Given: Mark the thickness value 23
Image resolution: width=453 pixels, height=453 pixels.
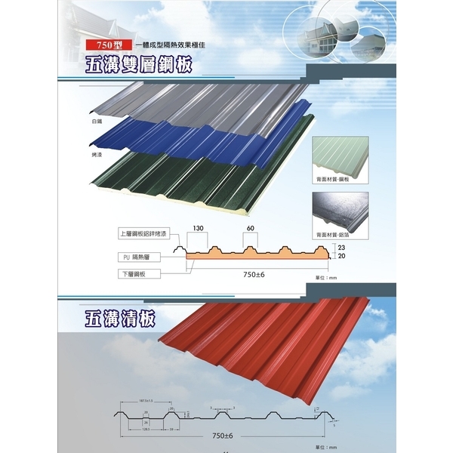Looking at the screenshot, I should point(341,246).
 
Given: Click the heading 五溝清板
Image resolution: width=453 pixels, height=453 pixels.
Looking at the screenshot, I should point(121,319).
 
